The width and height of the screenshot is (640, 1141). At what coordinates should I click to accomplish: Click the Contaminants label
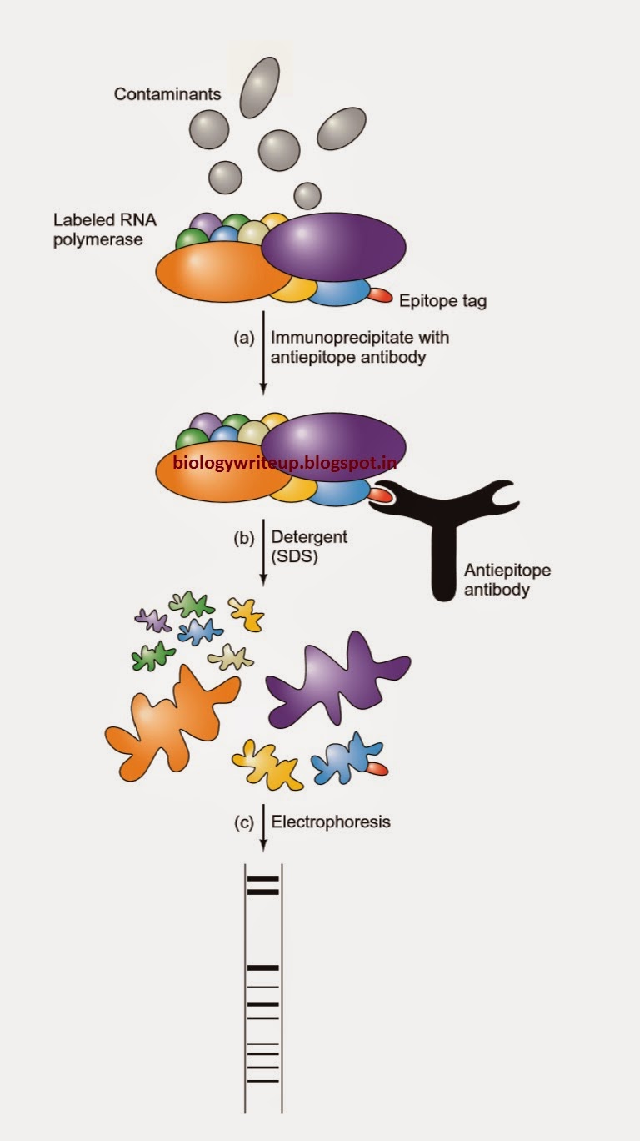167,94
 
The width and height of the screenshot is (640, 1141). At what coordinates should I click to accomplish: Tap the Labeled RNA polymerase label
105,230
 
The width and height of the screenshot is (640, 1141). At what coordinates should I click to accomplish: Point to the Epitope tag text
442,301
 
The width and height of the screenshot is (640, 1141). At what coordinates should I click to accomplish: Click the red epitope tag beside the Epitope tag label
380,294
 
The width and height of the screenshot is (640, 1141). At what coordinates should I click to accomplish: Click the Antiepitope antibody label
507,581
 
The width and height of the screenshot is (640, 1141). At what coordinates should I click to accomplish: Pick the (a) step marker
242,339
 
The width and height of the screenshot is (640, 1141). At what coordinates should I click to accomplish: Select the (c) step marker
242,822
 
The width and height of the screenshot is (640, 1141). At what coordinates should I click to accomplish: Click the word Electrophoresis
331,822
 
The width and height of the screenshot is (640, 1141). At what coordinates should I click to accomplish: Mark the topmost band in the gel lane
262,878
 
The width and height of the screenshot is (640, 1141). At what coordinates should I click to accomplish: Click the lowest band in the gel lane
262,1081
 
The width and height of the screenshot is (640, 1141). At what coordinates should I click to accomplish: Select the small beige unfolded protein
231,658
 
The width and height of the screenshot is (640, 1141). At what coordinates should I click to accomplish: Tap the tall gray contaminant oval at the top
260,88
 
